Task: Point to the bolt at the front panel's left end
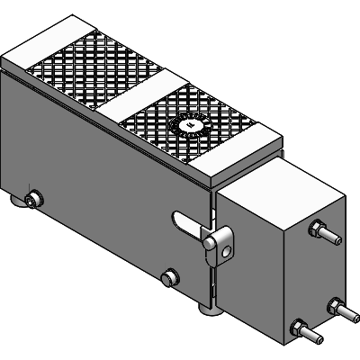(x=33, y=200)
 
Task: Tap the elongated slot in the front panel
(x=184, y=220)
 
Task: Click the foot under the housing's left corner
(x=20, y=209)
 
